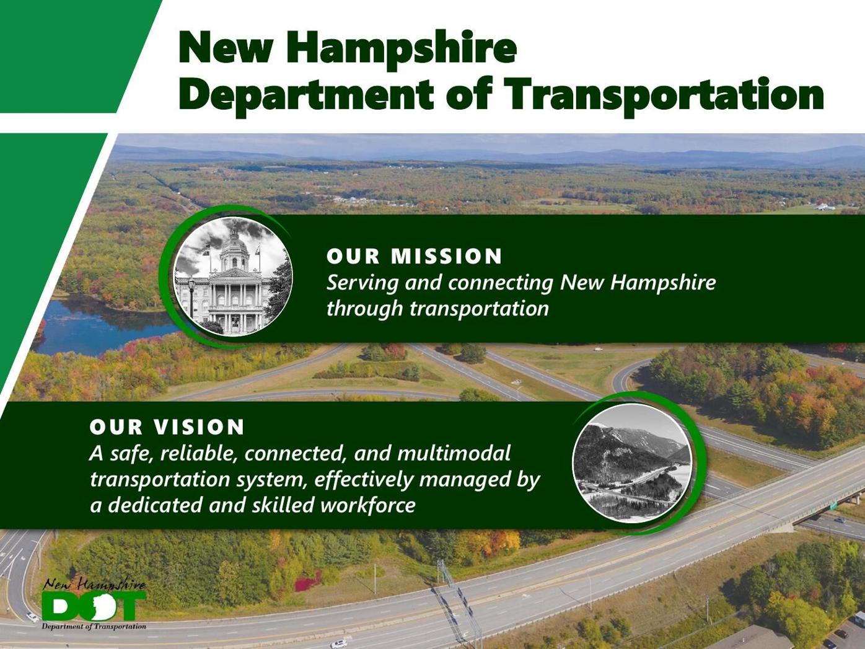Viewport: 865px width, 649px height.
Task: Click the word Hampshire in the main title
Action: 402,50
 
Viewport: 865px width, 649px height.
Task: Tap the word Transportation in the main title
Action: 664,96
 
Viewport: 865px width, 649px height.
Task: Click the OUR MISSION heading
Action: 414,256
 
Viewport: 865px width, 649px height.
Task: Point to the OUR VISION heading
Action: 167,426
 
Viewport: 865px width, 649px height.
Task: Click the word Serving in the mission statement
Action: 362,283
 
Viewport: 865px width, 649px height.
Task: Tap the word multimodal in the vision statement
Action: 454,453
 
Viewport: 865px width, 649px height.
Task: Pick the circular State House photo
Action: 233,276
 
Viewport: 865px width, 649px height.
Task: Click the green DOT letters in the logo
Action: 95,605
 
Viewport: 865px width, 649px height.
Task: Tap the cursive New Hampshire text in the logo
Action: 94,584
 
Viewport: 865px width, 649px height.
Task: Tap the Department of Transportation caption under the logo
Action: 94,626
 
